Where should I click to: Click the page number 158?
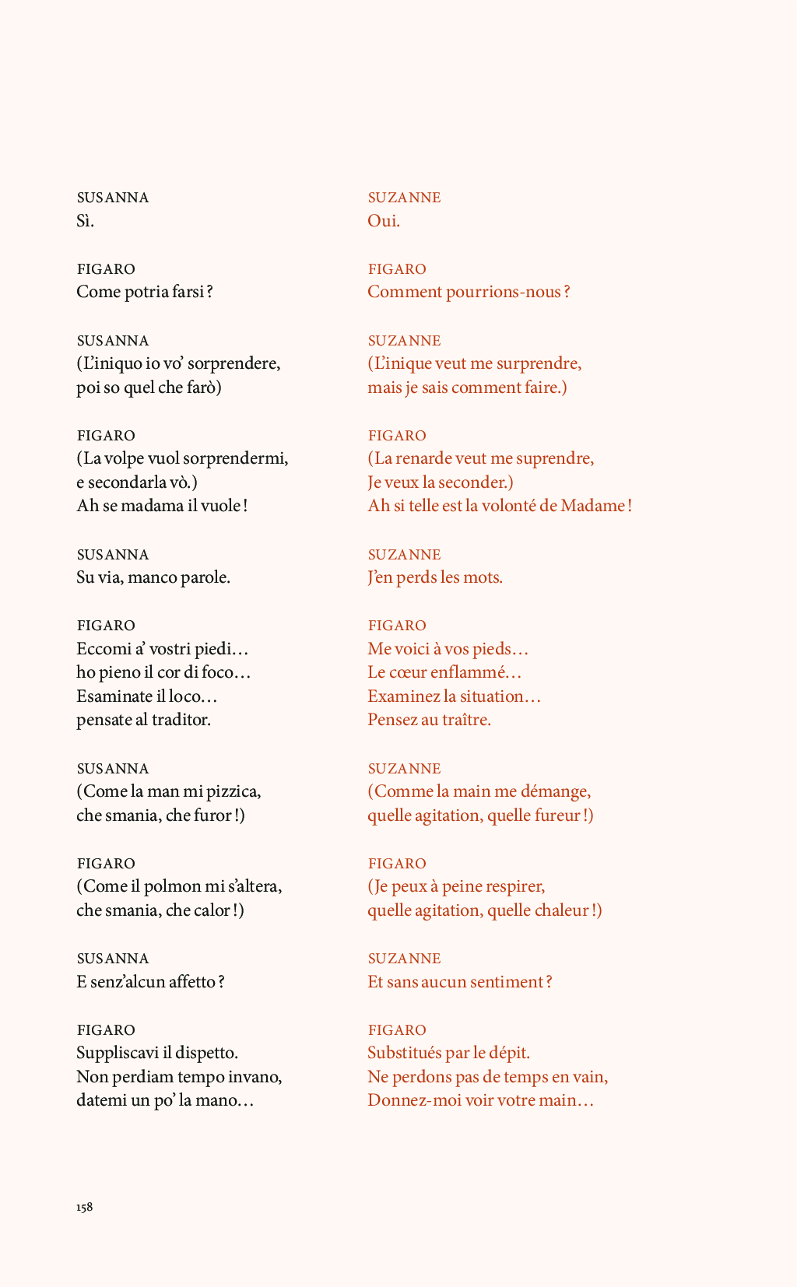(x=84, y=1207)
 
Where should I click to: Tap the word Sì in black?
(x=84, y=221)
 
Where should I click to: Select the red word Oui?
(x=383, y=221)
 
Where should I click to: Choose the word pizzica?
(x=233, y=791)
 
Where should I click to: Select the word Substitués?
(x=404, y=1053)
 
